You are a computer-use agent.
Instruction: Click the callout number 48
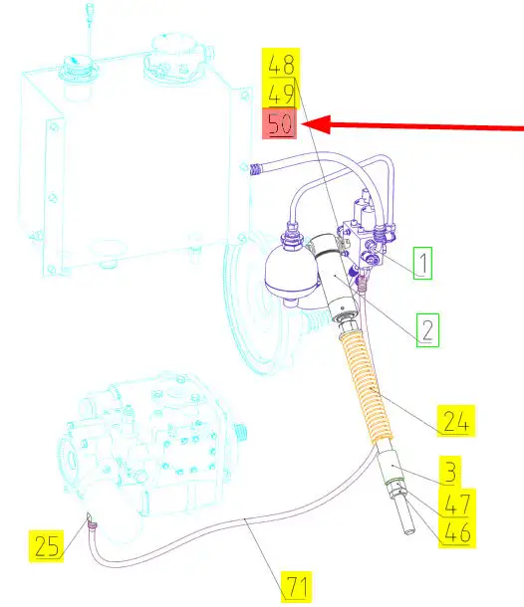click(281, 65)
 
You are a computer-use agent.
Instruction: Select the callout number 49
click(281, 95)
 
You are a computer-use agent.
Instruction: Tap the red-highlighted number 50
click(280, 123)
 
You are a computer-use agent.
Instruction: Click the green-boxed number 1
click(422, 264)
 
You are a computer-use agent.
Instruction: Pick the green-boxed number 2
click(427, 330)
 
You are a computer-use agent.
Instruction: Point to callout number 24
click(456, 421)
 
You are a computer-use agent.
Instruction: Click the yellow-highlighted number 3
click(450, 471)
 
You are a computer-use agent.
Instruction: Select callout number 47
click(457, 504)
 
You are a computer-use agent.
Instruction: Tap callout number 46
click(457, 532)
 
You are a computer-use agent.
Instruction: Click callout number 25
click(47, 546)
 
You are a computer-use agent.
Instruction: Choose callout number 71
click(297, 586)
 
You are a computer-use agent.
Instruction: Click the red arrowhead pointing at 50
click(316, 124)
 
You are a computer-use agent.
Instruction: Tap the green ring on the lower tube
click(394, 482)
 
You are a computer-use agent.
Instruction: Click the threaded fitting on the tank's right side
click(255, 169)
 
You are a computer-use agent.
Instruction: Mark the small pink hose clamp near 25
click(93, 525)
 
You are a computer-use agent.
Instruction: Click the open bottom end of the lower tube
click(409, 531)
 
